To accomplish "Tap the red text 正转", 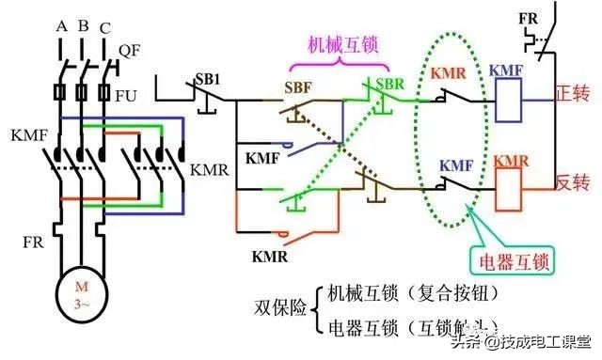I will [568, 96].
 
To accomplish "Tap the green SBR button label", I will [388, 87].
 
